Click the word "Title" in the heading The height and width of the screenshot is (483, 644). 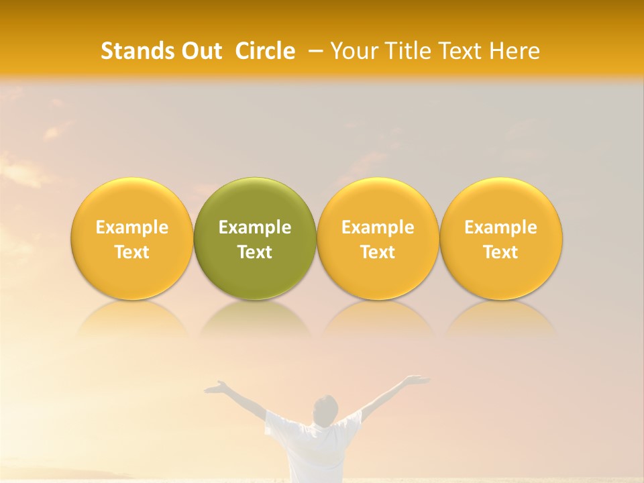click(x=407, y=51)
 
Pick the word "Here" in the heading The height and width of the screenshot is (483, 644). click(x=515, y=51)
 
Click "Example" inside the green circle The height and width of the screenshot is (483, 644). click(x=255, y=227)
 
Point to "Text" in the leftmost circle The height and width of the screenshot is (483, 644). click(x=131, y=252)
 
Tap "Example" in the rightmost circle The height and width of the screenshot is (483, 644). click(x=501, y=227)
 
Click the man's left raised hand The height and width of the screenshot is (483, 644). click(x=216, y=386)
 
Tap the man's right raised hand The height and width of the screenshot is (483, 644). click(x=417, y=380)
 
